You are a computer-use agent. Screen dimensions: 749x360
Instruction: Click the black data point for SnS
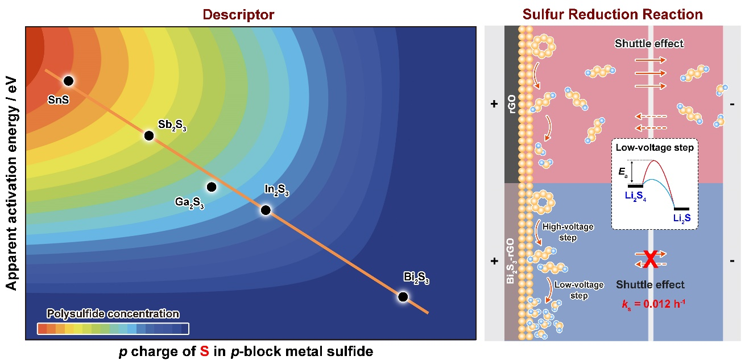click(x=68, y=81)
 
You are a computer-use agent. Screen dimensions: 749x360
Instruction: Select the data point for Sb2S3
click(x=149, y=136)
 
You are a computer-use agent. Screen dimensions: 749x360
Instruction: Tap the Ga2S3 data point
click(x=212, y=187)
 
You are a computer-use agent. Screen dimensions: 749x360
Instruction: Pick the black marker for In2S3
click(x=266, y=210)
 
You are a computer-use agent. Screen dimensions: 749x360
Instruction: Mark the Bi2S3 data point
click(x=403, y=296)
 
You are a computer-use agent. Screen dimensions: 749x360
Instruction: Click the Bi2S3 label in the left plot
click(x=416, y=278)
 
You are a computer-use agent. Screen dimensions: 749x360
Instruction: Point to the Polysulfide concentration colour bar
click(x=113, y=329)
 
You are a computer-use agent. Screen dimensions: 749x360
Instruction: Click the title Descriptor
click(x=238, y=15)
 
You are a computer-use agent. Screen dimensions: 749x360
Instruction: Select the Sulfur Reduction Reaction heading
click(x=613, y=14)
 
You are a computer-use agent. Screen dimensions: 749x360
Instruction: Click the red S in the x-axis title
click(x=204, y=351)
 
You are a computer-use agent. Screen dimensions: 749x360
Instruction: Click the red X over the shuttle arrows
click(x=651, y=259)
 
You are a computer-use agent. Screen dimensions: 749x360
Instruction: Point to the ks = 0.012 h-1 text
click(x=653, y=304)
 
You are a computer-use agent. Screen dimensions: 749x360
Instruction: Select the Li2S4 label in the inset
click(x=635, y=196)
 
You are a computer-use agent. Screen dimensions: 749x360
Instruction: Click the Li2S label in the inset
click(x=682, y=218)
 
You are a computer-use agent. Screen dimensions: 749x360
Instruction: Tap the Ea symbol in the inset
click(x=623, y=172)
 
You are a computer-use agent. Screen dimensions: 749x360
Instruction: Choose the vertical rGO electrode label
click(x=512, y=104)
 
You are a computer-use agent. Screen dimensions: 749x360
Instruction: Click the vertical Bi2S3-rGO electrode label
click(x=511, y=261)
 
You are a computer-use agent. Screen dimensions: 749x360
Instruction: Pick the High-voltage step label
click(x=568, y=232)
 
